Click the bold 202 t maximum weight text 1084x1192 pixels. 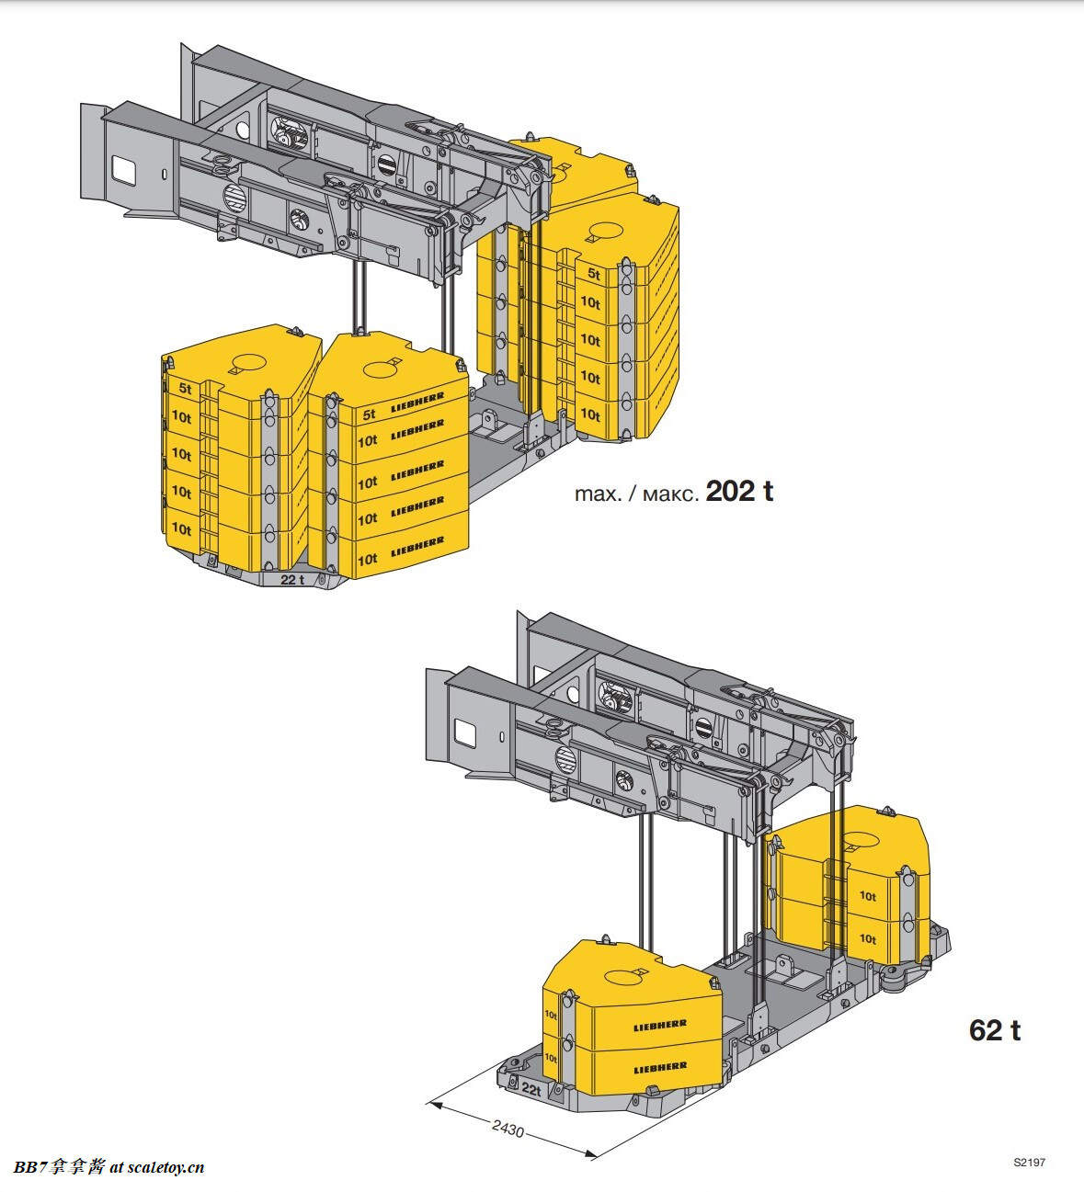(739, 492)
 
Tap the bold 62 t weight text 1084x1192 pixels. (994, 1030)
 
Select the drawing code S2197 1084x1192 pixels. (1030, 1163)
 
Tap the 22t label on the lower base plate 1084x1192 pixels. (531, 1088)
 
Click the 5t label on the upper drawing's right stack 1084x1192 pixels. (594, 274)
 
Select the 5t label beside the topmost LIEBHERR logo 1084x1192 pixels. (369, 414)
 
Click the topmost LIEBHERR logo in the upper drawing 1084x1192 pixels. (417, 400)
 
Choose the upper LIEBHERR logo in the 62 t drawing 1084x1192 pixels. (659, 1025)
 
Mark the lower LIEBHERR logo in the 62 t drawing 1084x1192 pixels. (659, 1068)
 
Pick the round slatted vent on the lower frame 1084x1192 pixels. (565, 759)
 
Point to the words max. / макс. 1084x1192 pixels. (635, 494)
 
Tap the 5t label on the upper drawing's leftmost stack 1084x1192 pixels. (185, 388)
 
